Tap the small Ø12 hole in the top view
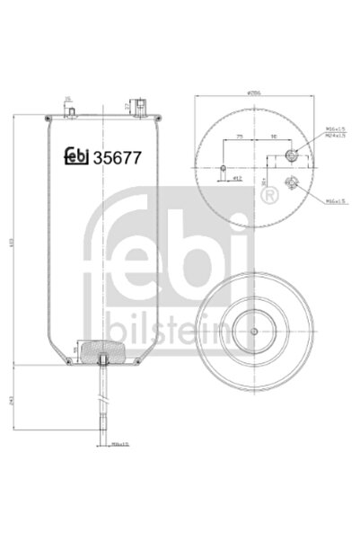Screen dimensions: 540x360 pos(222,167)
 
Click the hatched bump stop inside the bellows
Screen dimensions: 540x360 pos(104,350)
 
